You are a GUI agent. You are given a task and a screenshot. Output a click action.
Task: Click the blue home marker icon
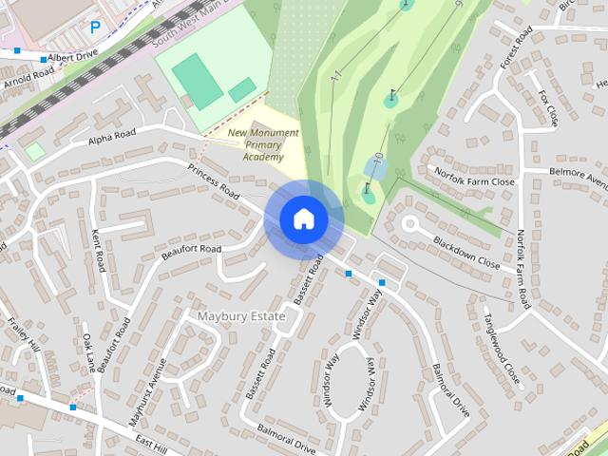304,218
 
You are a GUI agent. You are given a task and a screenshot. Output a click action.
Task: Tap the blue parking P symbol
94,28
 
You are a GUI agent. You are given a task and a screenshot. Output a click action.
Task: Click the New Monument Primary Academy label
263,144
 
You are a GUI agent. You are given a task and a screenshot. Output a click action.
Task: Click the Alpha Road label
112,139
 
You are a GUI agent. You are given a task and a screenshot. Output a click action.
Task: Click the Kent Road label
97,247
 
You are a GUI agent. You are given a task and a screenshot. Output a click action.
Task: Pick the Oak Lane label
87,351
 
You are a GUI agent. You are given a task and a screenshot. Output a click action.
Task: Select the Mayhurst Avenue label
147,390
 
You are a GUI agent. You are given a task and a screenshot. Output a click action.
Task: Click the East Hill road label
151,443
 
